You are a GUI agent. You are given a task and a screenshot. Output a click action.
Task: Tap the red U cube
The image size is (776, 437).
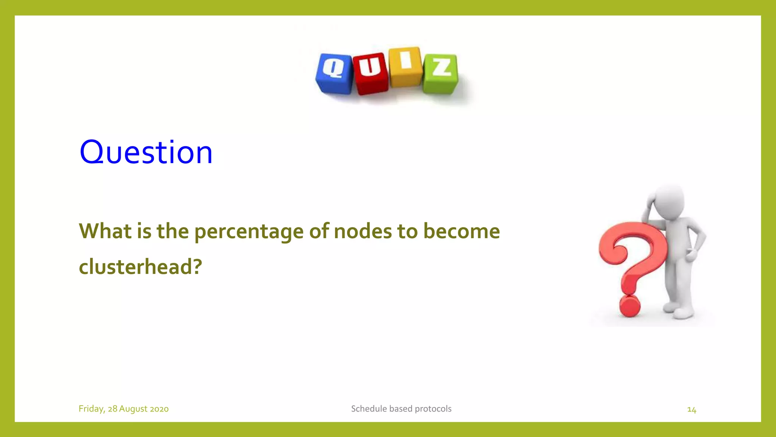(x=370, y=73)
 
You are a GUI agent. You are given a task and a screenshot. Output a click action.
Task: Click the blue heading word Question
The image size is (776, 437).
(x=146, y=152)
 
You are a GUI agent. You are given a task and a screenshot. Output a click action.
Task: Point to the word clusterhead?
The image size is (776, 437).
(x=140, y=266)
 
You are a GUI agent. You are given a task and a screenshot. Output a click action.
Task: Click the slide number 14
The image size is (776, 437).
(x=692, y=410)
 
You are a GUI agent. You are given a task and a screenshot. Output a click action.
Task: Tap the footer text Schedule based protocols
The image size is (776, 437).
(x=401, y=409)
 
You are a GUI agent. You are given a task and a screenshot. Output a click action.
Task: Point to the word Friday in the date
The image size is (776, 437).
(x=91, y=409)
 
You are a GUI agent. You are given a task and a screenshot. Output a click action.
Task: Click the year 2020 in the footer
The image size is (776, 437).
(x=159, y=409)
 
